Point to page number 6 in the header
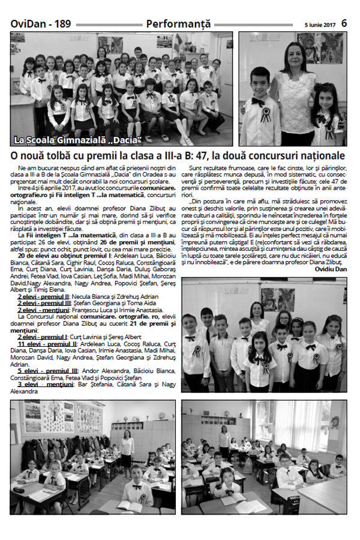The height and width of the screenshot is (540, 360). [x=345, y=23]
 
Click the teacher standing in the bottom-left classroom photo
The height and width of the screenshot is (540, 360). [x=127, y=451]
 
